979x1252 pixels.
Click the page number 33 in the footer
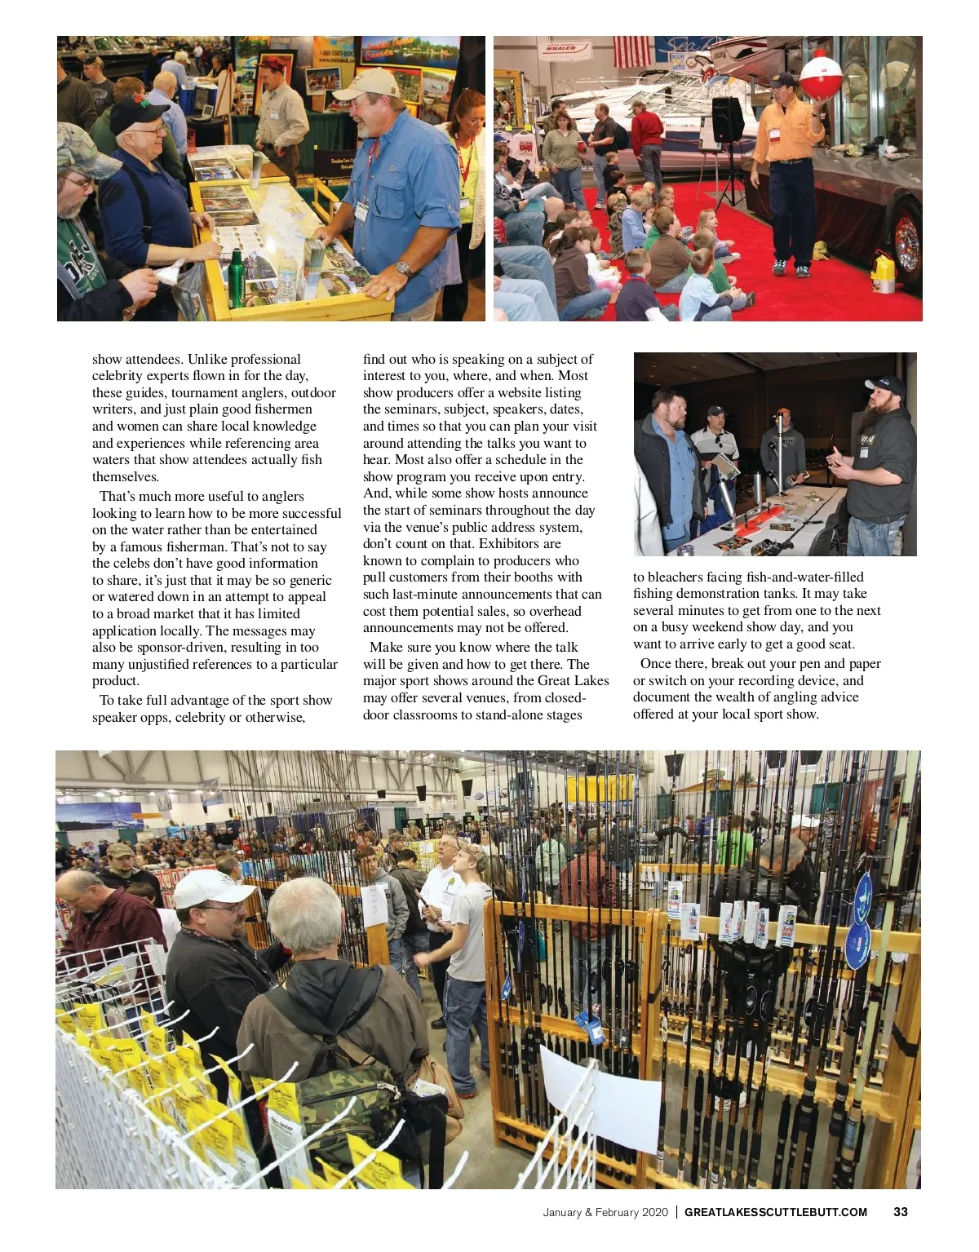point(900,1212)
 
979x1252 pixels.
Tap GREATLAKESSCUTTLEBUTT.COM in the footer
point(775,1212)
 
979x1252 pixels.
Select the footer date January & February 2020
point(605,1212)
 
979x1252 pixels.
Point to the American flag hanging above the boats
point(632,51)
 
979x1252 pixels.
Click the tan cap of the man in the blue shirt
point(366,83)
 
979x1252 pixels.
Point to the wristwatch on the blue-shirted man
point(402,268)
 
